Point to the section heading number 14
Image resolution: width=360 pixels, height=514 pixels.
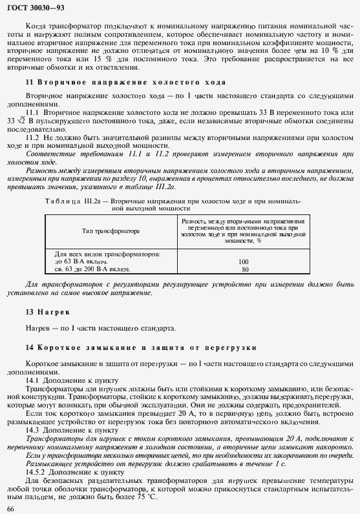pos(29,348)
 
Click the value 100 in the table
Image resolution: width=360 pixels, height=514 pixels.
pos(244,262)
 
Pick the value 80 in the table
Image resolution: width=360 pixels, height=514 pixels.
pos(244,269)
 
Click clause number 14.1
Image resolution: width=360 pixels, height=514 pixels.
pos(32,380)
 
